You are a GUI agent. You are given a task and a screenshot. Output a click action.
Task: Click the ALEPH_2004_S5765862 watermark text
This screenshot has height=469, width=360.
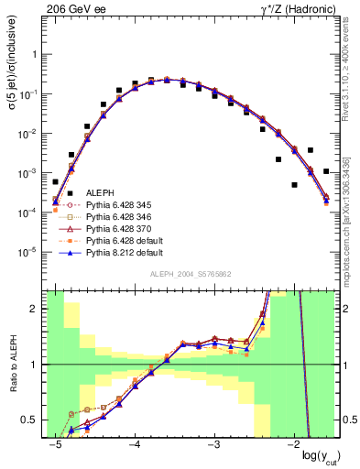[190, 275]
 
